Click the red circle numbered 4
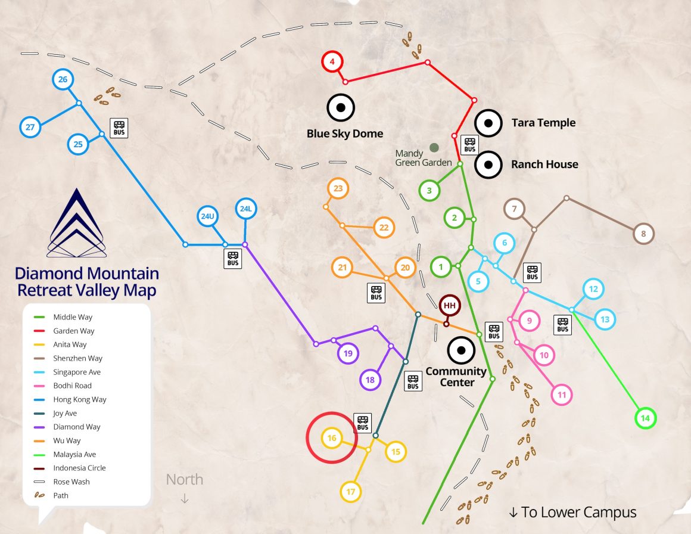tap(332, 61)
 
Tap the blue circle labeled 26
tap(63, 79)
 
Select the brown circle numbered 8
tap(643, 234)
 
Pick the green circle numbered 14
tap(645, 418)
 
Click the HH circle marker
tap(450, 306)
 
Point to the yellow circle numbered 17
tap(351, 492)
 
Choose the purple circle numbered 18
tap(370, 380)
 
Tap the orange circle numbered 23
tap(338, 189)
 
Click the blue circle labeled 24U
tap(207, 216)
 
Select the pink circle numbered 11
tap(561, 395)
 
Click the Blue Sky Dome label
tap(344, 133)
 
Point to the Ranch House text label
tap(544, 164)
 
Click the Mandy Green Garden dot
tap(434, 147)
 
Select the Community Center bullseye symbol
tap(460, 350)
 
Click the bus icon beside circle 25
tap(119, 127)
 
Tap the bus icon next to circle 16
tap(363, 423)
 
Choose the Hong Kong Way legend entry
tap(79, 399)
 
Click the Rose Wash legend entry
tap(71, 482)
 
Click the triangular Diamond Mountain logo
tap(77, 225)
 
